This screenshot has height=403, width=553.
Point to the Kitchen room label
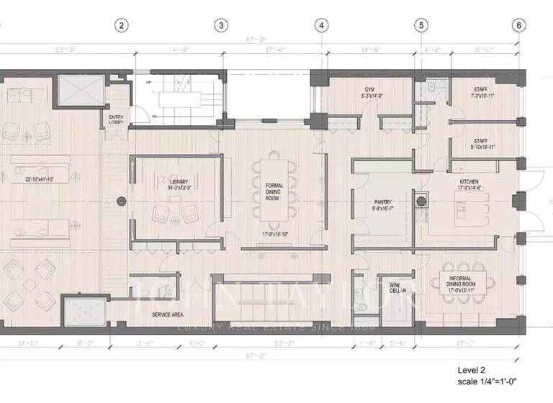tap(469, 185)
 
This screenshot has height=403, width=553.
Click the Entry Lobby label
tap(116, 119)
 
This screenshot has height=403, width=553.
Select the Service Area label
tap(167, 315)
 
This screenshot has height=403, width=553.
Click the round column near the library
tap(122, 201)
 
